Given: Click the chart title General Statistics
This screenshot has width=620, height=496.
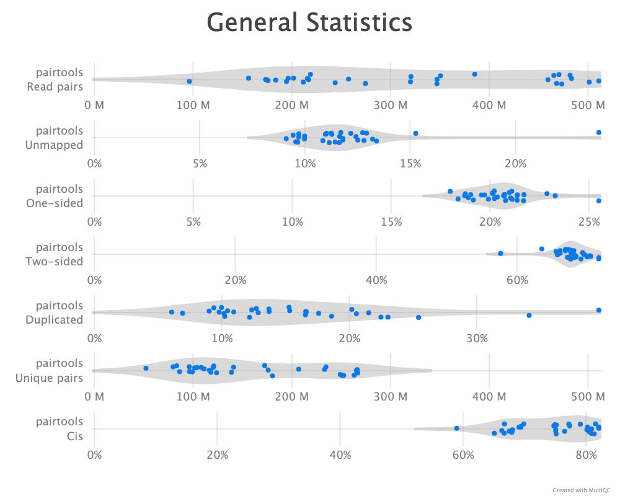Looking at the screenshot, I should tap(309, 23).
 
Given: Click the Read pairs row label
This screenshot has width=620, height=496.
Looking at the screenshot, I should tap(55, 80).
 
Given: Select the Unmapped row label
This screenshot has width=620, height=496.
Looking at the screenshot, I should tap(55, 138).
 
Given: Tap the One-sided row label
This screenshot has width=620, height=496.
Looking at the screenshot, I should tap(55, 196).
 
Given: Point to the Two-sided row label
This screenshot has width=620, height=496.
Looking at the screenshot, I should tap(55, 254).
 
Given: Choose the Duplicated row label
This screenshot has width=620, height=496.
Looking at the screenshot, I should tap(55, 312).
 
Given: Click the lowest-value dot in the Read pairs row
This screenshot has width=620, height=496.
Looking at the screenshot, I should tap(189, 81).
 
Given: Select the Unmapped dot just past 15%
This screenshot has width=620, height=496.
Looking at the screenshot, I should tap(415, 133).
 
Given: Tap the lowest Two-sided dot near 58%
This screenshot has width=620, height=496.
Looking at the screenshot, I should tap(500, 253).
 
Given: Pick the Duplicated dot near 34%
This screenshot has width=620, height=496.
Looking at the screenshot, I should tap(529, 315).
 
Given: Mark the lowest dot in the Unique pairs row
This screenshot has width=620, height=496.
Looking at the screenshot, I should tap(146, 368).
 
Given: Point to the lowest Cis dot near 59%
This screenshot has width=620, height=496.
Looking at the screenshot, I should tap(456, 428).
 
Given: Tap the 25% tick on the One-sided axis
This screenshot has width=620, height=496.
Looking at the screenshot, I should tap(589, 221).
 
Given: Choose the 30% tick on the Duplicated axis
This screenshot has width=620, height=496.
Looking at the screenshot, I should tap(476, 338).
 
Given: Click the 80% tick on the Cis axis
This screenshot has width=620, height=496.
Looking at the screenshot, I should tap(586, 454).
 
